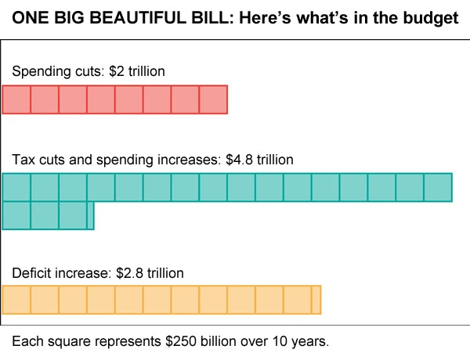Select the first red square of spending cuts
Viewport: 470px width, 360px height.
(16, 99)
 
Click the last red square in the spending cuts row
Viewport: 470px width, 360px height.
(213, 99)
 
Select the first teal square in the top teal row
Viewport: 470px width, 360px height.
(16, 187)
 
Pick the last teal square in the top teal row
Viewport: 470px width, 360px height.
(438, 187)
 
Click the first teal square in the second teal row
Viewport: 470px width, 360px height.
(16, 215)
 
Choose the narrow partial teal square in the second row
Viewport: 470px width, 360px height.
(90, 215)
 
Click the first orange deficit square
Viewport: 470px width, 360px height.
(16, 300)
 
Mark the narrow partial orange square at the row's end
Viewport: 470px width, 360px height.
(316, 300)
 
